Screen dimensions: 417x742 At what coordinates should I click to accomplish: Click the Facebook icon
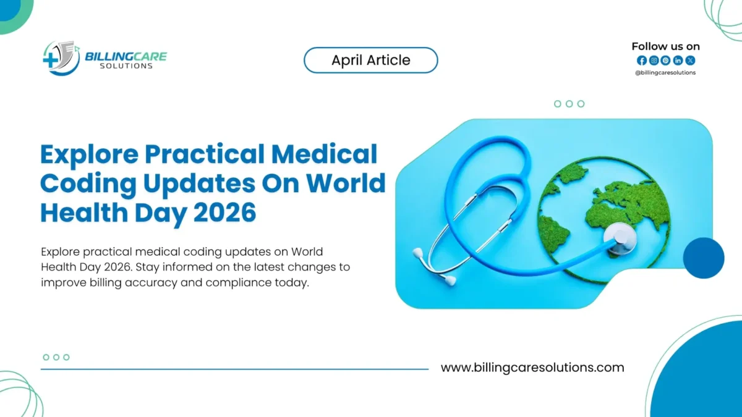click(641, 61)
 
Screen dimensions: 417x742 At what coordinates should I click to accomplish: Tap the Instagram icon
click(654, 61)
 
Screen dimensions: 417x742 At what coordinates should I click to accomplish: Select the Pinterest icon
click(665, 61)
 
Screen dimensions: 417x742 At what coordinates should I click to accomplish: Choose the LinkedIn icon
click(678, 61)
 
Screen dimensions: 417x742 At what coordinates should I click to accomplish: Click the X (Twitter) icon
click(690, 61)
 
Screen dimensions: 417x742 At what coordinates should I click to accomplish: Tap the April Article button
click(370, 61)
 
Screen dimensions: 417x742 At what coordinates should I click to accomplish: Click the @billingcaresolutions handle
click(665, 73)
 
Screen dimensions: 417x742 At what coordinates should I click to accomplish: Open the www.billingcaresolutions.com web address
click(532, 368)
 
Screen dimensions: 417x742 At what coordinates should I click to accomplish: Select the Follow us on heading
click(665, 46)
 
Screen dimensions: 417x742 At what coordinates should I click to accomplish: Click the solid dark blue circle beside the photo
click(703, 258)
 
